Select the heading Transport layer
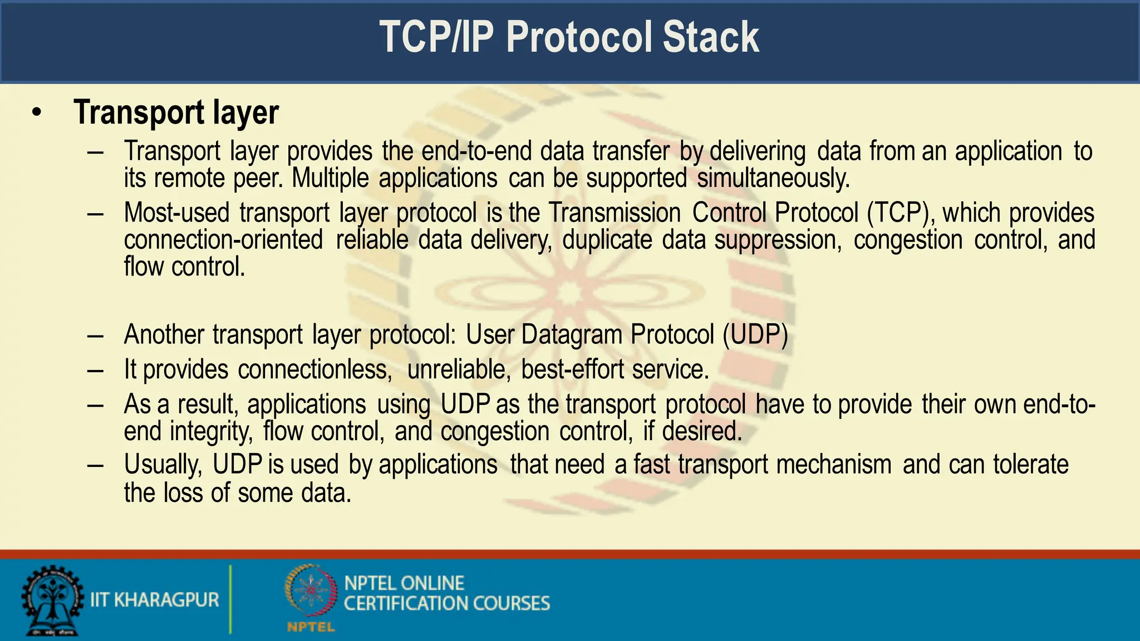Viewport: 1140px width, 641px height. click(x=176, y=112)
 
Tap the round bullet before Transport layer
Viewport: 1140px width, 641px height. click(x=37, y=113)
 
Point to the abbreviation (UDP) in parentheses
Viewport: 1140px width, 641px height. click(x=755, y=335)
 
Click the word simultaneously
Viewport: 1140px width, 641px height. click(x=773, y=179)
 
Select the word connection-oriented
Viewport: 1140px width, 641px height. click(x=223, y=240)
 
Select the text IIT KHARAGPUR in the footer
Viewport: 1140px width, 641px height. click(x=155, y=600)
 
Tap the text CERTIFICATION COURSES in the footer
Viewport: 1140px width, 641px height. click(x=446, y=604)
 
